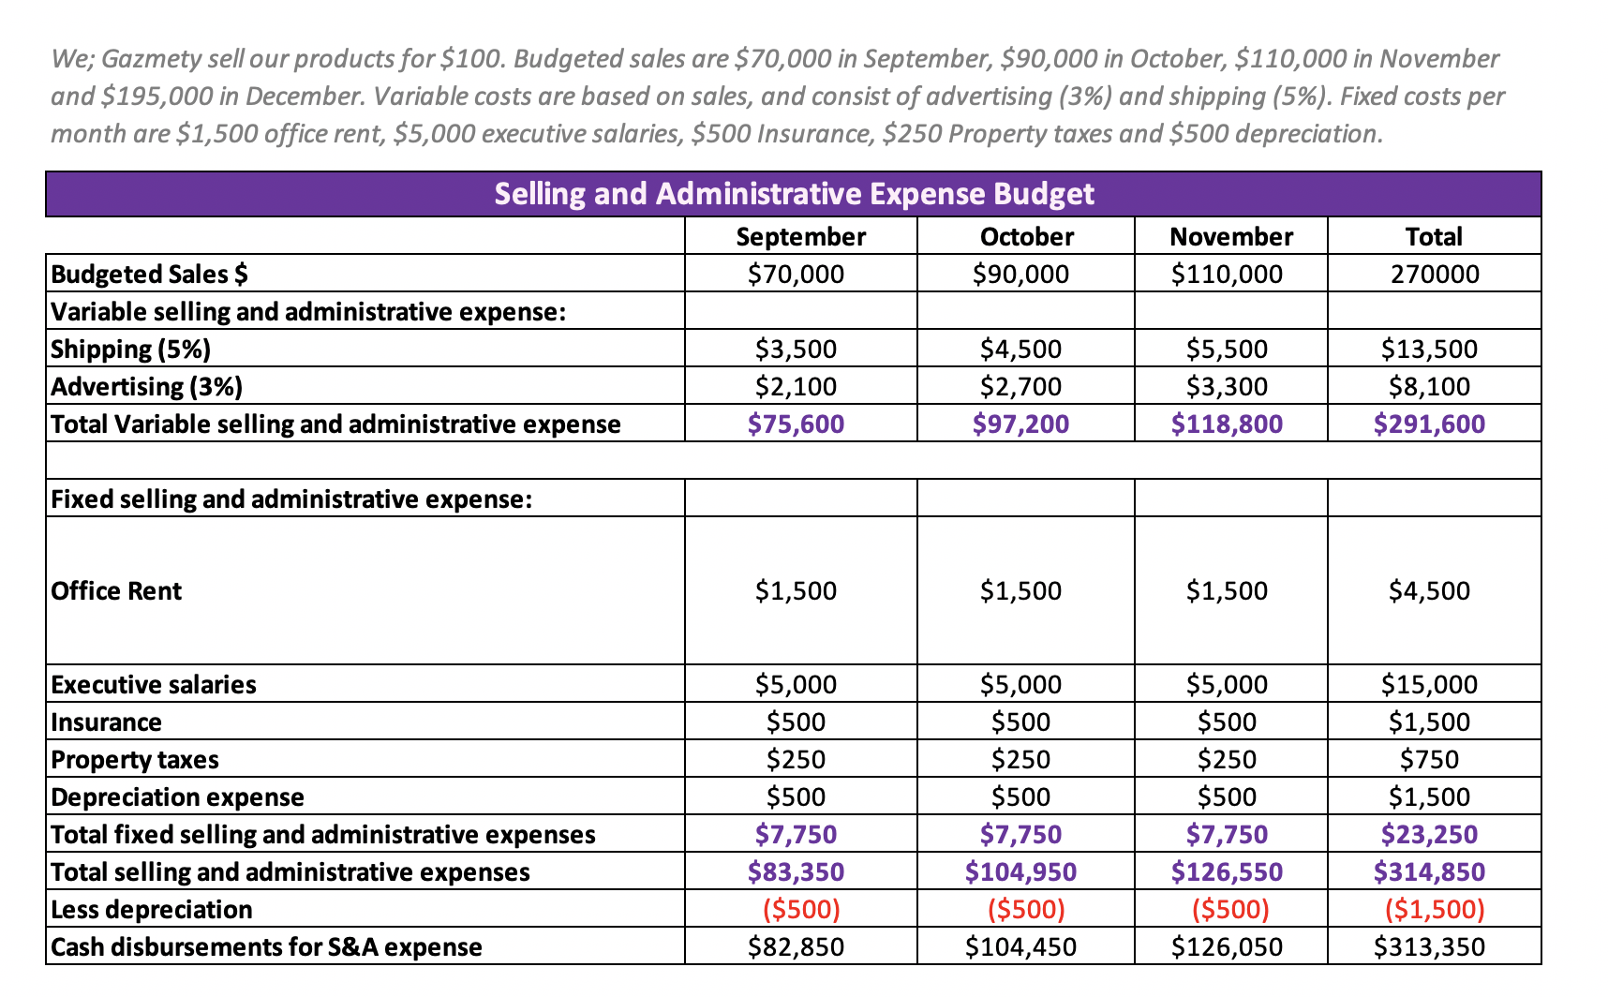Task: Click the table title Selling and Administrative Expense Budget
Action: [x=794, y=194]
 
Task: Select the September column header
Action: [x=800, y=236]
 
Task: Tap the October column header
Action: [x=1026, y=236]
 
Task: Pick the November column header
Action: [x=1230, y=236]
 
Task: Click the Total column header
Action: [x=1433, y=236]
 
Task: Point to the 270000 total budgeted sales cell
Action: [x=1433, y=274]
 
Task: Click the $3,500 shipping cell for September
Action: [x=796, y=349]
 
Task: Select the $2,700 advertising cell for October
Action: [x=1020, y=386]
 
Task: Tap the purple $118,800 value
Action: [x=1227, y=424]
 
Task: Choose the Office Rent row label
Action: [x=116, y=590]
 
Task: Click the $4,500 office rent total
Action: [x=1429, y=590]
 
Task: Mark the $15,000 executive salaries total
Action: [x=1429, y=684]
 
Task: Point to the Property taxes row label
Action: [x=135, y=759]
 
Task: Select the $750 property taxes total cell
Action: [x=1429, y=759]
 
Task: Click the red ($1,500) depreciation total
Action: [x=1434, y=909]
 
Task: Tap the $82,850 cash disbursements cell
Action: [x=796, y=946]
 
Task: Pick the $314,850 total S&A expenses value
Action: [x=1429, y=871]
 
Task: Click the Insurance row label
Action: [x=106, y=722]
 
